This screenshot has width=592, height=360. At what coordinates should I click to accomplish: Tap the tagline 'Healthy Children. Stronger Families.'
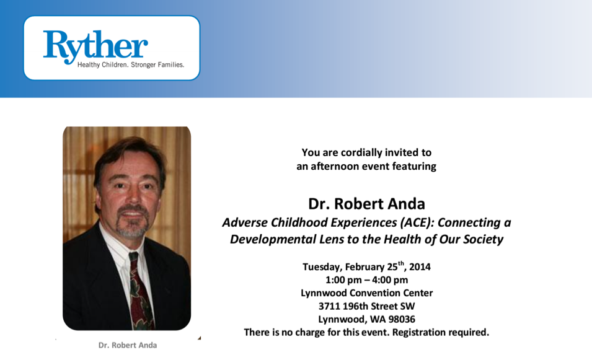coord(130,65)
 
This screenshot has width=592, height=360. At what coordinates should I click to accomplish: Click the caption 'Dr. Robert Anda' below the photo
coord(127,345)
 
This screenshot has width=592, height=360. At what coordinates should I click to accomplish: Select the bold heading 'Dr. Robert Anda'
coord(366,203)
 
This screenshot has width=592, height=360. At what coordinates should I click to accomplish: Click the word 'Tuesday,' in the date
coord(322,267)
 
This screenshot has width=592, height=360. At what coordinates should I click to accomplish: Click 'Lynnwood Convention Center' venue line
coord(366,293)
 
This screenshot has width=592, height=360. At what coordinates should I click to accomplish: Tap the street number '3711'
coord(329,306)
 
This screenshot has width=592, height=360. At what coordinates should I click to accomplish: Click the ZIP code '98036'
coord(400,319)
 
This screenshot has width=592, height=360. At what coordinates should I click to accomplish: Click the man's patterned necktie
coord(141,291)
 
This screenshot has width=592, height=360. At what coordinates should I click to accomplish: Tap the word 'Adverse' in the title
coord(243,222)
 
